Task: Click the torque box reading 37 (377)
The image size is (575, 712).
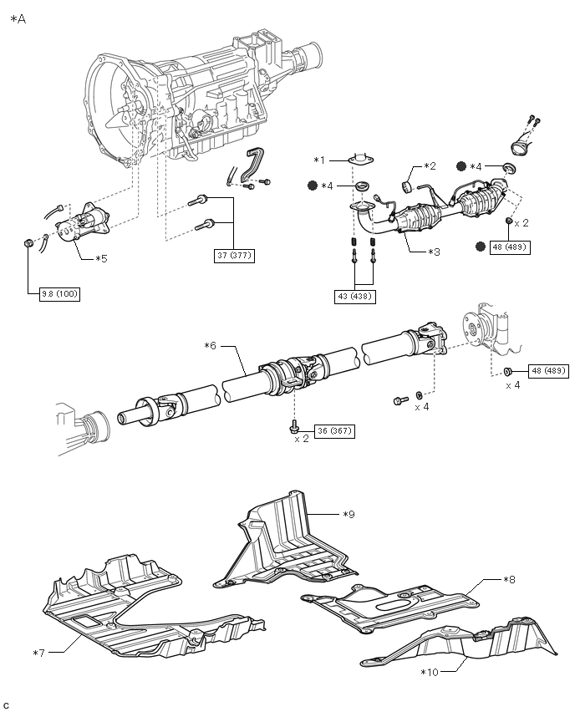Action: [x=234, y=255]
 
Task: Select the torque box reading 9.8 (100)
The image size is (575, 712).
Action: [x=60, y=294]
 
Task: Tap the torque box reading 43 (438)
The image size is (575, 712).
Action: [x=354, y=296]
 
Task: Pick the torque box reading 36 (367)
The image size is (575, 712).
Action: [x=334, y=431]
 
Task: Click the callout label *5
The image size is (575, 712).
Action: [x=101, y=259]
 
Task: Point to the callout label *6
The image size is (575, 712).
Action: [x=211, y=346]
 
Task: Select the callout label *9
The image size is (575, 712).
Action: [x=349, y=515]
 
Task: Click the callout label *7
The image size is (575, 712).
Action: [x=39, y=653]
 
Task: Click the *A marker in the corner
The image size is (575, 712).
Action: [x=18, y=19]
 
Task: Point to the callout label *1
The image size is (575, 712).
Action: [x=320, y=160]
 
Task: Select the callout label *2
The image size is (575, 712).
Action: [x=430, y=166]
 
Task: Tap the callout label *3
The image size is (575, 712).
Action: [x=435, y=252]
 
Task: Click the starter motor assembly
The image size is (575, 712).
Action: [x=82, y=224]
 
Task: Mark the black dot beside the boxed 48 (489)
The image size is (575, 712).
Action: [x=481, y=247]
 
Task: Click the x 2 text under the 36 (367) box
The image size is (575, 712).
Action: [x=302, y=439]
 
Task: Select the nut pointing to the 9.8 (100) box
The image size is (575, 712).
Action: [x=28, y=244]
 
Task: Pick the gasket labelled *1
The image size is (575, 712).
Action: [x=361, y=159]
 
